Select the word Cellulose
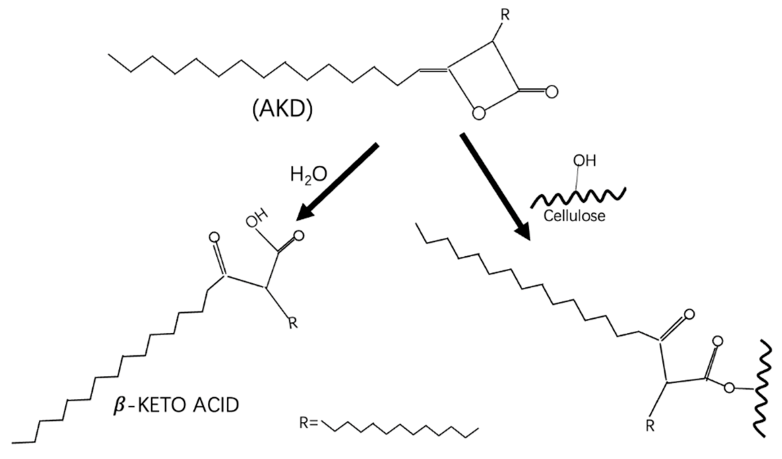click(x=573, y=215)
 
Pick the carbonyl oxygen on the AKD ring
click(x=550, y=92)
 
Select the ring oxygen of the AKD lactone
click(x=480, y=112)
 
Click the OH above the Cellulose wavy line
click(x=585, y=161)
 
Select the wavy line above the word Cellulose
click(x=578, y=196)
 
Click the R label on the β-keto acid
click(x=293, y=322)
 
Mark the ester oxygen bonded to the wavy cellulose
click(x=729, y=387)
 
